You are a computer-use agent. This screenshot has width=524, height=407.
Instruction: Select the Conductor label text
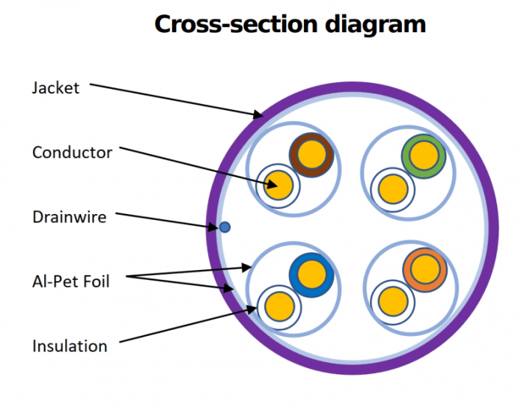(x=72, y=153)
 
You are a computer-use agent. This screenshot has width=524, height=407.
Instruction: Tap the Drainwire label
(x=69, y=217)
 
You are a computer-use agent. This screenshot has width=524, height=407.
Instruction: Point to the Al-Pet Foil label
(x=71, y=282)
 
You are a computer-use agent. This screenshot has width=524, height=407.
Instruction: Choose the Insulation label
(x=70, y=346)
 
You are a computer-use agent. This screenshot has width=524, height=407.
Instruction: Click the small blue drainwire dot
(x=224, y=227)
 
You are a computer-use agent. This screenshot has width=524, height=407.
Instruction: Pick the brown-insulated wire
(x=311, y=155)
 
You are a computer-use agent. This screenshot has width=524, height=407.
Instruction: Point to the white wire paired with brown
(x=279, y=185)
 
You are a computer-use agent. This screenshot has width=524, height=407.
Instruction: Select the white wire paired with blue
(x=279, y=305)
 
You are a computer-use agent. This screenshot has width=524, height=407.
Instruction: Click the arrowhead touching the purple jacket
(x=259, y=115)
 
